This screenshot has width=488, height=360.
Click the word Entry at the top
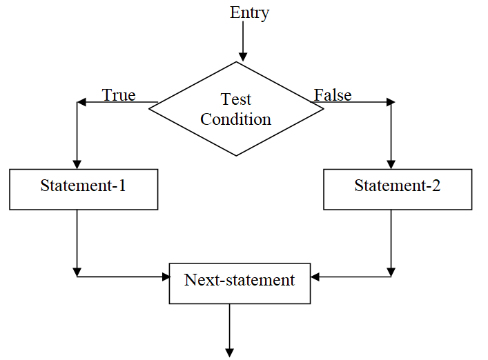tap(249, 12)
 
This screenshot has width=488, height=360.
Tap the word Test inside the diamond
tap(235, 99)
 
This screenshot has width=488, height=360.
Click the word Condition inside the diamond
tap(235, 119)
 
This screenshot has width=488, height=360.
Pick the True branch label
tap(119, 94)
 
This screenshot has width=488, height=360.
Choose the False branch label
tap(333, 94)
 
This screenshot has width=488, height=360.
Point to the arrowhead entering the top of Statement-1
tap(77, 164)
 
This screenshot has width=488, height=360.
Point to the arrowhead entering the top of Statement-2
tap(391, 164)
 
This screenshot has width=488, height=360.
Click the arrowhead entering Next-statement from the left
tap(165, 277)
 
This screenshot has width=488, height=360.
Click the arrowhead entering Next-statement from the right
tap(315, 277)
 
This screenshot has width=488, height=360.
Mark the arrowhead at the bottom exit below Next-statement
tap(228, 352)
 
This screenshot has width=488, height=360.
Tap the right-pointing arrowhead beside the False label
tap(391, 102)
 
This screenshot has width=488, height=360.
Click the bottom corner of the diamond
tap(236, 155)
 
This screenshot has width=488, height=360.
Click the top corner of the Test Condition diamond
tap(236, 62)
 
